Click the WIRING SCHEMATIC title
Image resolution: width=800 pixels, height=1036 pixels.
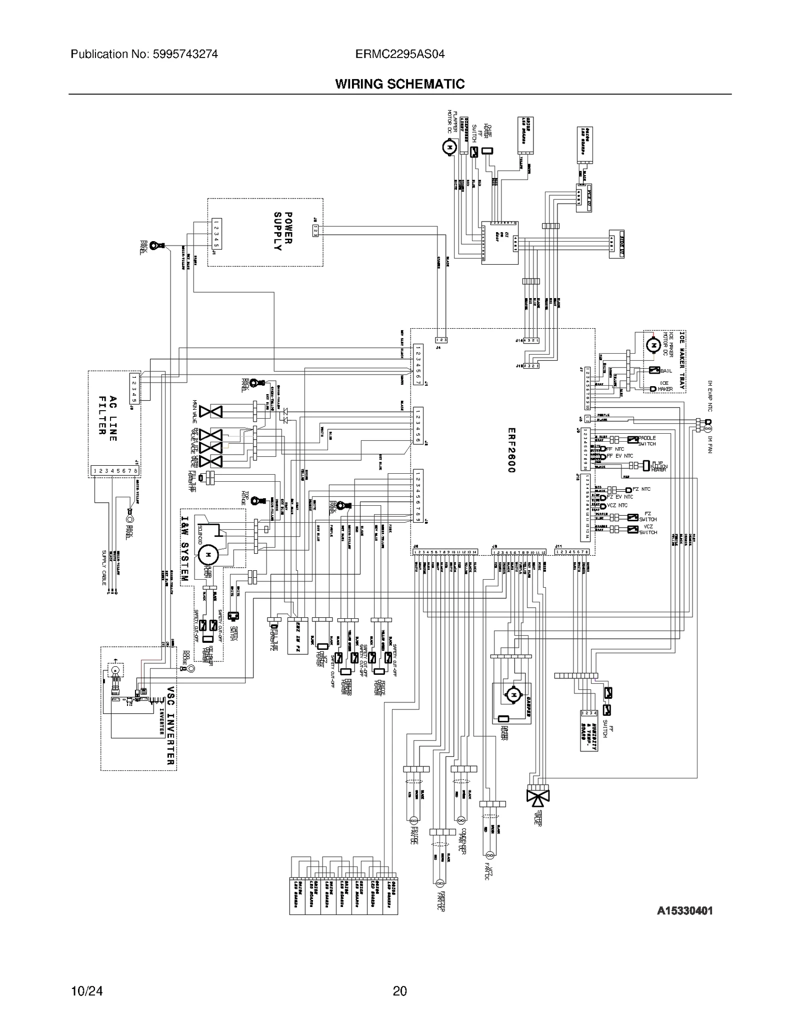399,84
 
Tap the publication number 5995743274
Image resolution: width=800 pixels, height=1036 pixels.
144,54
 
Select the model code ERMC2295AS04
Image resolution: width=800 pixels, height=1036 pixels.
399,54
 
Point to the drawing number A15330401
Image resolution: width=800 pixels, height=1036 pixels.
684,911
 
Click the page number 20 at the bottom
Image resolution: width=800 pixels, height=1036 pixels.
399,990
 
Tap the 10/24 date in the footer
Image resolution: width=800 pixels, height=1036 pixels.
87,990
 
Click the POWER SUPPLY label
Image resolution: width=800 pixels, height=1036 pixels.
282,231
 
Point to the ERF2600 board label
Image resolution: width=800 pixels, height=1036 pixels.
511,450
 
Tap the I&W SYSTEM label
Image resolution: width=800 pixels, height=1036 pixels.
184,548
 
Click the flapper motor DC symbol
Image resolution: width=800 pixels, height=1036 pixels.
449,147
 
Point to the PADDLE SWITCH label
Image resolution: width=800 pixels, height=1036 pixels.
647,441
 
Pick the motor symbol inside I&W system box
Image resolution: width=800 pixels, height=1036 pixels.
208,554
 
